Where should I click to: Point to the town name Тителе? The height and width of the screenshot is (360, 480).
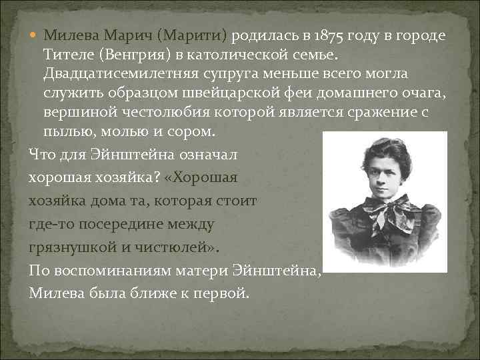coord(67,53)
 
